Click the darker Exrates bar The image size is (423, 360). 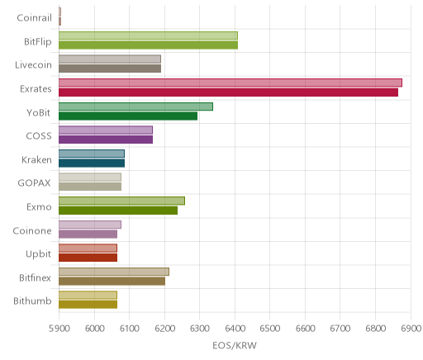tap(228, 92)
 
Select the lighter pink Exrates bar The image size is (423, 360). tap(231, 83)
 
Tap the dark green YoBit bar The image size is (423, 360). tap(128, 116)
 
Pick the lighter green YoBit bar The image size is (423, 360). tap(135, 107)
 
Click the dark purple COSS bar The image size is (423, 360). tap(106, 140)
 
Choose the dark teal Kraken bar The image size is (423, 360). tap(92, 163)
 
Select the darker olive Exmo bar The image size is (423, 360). tap(118, 211)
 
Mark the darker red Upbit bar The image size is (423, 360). tap(88, 258)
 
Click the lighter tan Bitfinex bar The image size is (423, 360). tap(114, 272)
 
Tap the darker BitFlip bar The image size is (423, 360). tap(148, 45)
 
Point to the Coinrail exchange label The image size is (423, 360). tap(35, 18)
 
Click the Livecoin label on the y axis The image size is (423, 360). tap(33, 65)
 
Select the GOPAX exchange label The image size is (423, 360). tap(34, 183)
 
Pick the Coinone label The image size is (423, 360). tap(32, 230)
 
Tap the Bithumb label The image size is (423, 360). tap(32, 301)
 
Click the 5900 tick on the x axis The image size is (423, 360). tap(59, 329)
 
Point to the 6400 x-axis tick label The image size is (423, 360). tap(235, 329)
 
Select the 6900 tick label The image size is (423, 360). tap(411, 329)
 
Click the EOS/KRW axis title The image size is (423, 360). tap(235, 345)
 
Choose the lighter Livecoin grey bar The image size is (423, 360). tap(110, 59)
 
